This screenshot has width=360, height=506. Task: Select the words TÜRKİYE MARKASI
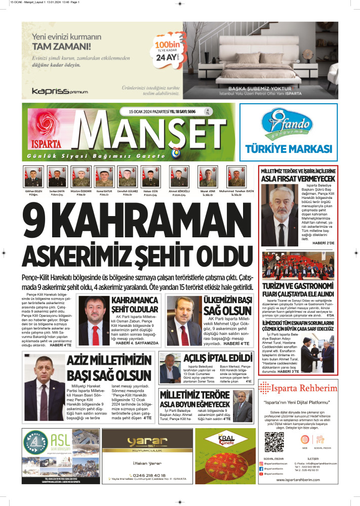tap(288, 149)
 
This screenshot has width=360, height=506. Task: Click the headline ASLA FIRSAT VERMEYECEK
tap(297, 180)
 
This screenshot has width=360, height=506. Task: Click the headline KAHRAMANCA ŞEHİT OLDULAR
tap(135, 305)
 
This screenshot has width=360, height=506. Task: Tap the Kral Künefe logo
tap(225, 439)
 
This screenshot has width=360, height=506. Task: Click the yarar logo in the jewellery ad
tap(147, 439)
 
